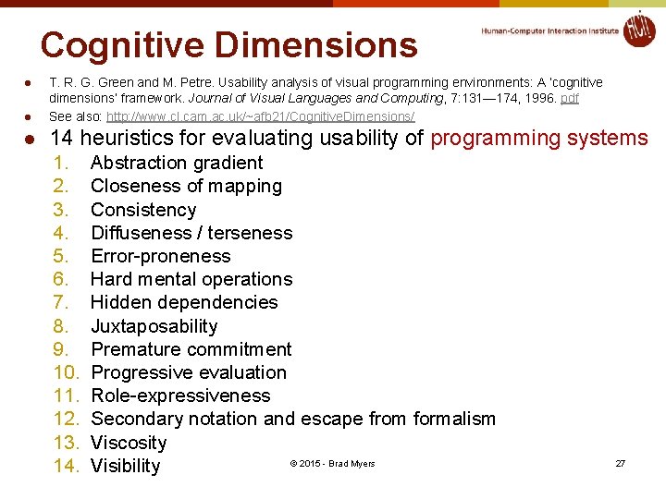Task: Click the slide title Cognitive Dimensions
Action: pyautogui.click(x=228, y=45)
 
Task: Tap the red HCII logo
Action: pyautogui.click(x=638, y=29)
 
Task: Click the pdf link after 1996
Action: pyautogui.click(x=569, y=98)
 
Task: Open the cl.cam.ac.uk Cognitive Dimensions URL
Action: pyautogui.click(x=260, y=116)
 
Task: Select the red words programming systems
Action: pyautogui.click(x=539, y=139)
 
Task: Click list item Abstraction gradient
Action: pyautogui.click(x=177, y=163)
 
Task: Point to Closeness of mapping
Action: pyautogui.click(x=186, y=186)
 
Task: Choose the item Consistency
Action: pyautogui.click(x=143, y=210)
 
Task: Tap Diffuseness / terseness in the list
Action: pyautogui.click(x=191, y=233)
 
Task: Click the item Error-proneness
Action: pyautogui.click(x=161, y=256)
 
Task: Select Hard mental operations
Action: pyautogui.click(x=191, y=279)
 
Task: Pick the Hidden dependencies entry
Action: pyautogui.click(x=184, y=302)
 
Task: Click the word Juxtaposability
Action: pyautogui.click(x=154, y=326)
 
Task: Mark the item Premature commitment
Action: pyautogui.click(x=191, y=349)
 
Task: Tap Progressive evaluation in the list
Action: pyautogui.click(x=189, y=372)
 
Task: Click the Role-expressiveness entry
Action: pyautogui.click(x=181, y=396)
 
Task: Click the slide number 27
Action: pyautogui.click(x=620, y=463)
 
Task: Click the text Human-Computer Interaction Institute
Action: pyautogui.click(x=549, y=30)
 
